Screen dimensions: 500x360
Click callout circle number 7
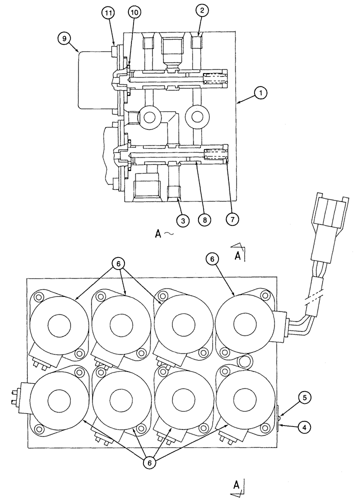(230, 219)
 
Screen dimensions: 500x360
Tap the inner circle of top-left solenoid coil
(59, 326)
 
